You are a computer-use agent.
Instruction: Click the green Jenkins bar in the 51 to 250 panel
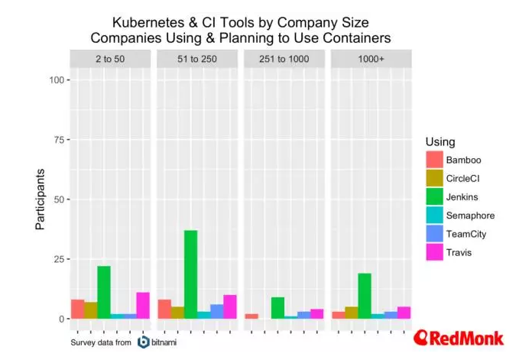190,274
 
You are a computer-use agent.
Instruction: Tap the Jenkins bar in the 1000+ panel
365,296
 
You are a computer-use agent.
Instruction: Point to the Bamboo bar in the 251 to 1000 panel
251,316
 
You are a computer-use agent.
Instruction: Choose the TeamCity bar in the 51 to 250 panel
216,311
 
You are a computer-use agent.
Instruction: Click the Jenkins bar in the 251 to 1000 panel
277,307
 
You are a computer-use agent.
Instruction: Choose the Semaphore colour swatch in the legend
434,216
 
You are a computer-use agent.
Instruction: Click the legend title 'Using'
440,142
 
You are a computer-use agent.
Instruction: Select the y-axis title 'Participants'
41,199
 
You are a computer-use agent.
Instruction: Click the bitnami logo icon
144,341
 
